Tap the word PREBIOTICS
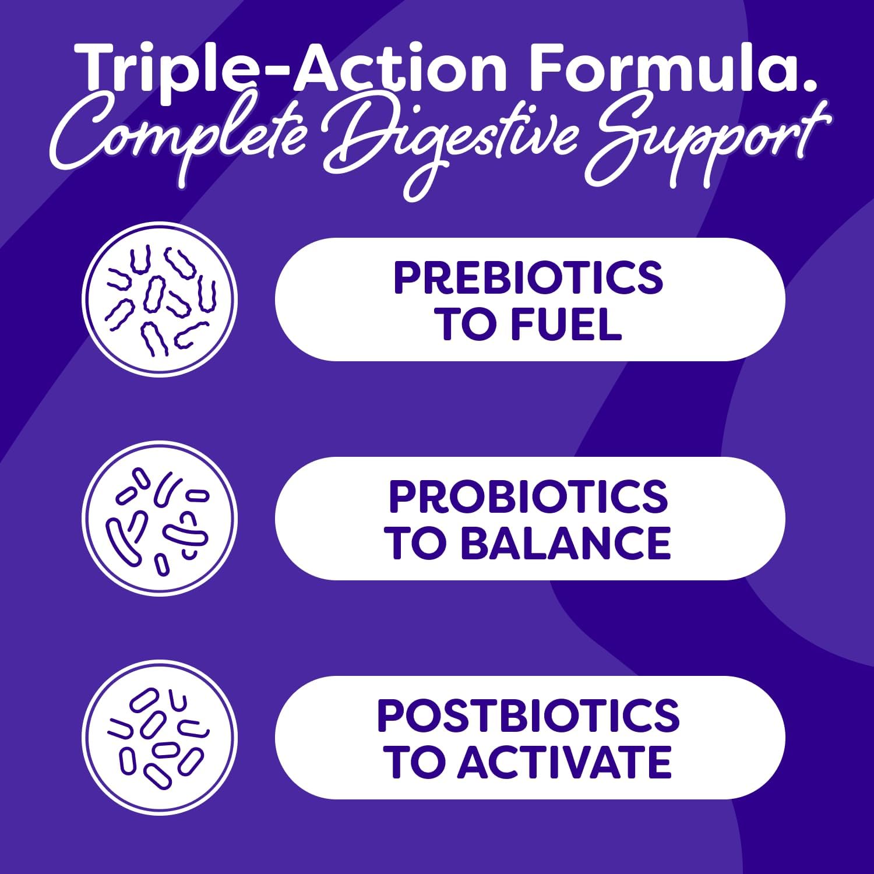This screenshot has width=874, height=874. pos(528,278)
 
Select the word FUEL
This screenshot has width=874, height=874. pos(566,324)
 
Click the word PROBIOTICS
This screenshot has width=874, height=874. pos(528,497)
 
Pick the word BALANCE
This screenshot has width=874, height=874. pos(566,543)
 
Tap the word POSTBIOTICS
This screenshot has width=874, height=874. pos(528,716)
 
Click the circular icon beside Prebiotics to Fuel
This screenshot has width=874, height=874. pos(160,299)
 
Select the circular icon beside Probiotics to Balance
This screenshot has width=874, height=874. pos(160,519)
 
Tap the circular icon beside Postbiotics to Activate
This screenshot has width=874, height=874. pos(160,738)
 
